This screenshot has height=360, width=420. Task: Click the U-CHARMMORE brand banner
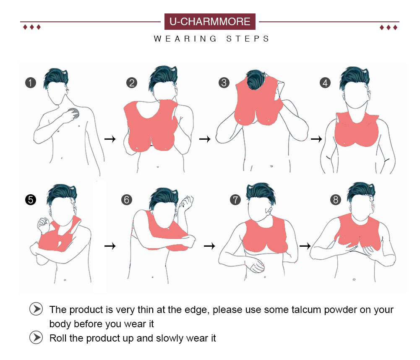(x=210, y=21)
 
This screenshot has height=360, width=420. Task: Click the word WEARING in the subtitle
(x=185, y=39)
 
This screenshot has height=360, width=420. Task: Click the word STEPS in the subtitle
(x=248, y=39)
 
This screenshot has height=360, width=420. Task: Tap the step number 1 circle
(x=31, y=83)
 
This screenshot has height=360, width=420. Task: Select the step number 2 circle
(x=131, y=83)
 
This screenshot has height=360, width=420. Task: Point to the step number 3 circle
(x=224, y=83)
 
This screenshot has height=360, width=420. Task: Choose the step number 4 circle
(x=325, y=83)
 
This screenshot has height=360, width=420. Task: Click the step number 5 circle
(x=31, y=200)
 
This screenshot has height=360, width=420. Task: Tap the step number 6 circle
(x=127, y=200)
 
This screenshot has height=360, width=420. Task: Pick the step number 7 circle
(x=235, y=200)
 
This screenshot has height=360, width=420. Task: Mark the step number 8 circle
(x=336, y=200)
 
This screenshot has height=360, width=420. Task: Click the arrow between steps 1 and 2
(x=110, y=139)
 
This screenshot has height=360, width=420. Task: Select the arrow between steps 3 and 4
(x=316, y=139)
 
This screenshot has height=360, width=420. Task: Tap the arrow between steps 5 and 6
(x=110, y=245)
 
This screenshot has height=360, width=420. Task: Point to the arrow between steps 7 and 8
(x=305, y=245)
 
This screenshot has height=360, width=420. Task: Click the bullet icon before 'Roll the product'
(x=36, y=337)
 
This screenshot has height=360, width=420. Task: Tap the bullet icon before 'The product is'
(x=36, y=309)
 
